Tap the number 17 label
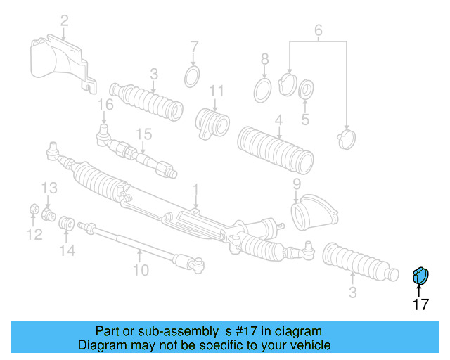pos(420,304)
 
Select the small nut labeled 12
pos(33,210)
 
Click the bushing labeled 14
pos(67,222)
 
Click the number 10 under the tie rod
pos(141,269)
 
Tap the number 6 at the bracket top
pos(318,30)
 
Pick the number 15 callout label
pos(143,134)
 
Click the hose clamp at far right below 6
pos(345,138)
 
